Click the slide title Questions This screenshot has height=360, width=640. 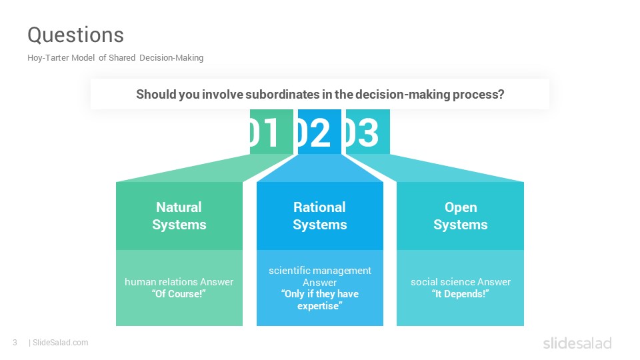[75, 35]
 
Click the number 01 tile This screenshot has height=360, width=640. [271, 132]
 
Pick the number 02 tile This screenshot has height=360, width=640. [319, 132]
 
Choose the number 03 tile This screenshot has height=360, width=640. [368, 132]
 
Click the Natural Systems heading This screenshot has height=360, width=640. [179, 216]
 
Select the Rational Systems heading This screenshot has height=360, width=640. [319, 216]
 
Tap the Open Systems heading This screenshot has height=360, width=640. [461, 216]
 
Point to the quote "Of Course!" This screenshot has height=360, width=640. [179, 294]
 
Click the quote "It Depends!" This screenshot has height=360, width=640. [461, 294]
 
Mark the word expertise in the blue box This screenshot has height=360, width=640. [319, 306]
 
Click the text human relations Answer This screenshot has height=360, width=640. [179, 282]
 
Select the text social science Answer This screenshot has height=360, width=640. [461, 282]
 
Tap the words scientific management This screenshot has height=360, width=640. [320, 271]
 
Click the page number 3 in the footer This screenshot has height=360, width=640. [15, 343]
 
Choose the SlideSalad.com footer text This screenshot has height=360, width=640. [60, 343]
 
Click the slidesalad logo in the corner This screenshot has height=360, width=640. [577, 343]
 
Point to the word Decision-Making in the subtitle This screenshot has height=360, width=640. [171, 58]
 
